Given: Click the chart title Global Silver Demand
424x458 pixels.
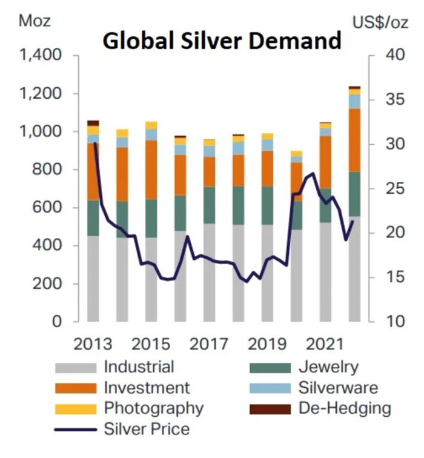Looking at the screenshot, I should [222, 41].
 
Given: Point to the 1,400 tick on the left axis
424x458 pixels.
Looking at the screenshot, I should [41, 56].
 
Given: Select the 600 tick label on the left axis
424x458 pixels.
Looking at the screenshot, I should [48, 208].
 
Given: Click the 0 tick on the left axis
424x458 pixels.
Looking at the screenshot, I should [58, 322].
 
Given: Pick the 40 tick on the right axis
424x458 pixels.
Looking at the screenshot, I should [393, 56].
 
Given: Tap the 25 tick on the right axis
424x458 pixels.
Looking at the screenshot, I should [393, 188].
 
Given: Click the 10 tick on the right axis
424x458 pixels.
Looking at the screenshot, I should [393, 322].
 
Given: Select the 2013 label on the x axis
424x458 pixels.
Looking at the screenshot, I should [93, 344].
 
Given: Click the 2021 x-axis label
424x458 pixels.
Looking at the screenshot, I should [325, 344].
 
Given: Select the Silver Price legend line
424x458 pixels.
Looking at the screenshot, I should [75, 430].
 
